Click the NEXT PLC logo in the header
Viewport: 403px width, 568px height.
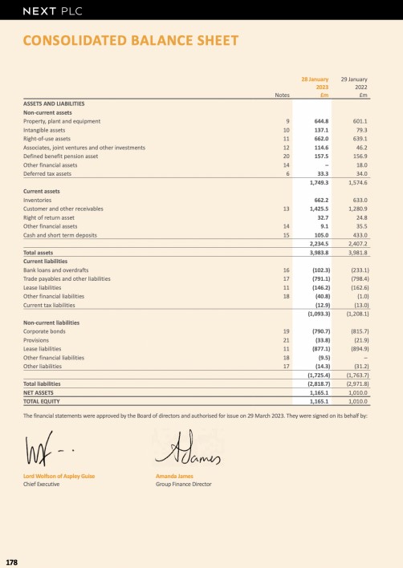(52, 11)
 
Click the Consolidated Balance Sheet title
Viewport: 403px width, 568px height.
(130, 41)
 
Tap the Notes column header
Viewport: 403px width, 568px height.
(281, 95)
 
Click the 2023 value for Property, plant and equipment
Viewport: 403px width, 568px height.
(319, 121)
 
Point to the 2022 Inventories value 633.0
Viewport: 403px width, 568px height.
(358, 200)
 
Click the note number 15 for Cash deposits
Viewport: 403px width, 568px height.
(286, 235)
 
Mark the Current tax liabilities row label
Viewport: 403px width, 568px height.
(54, 305)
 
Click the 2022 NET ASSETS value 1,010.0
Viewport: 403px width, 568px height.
(355, 392)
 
